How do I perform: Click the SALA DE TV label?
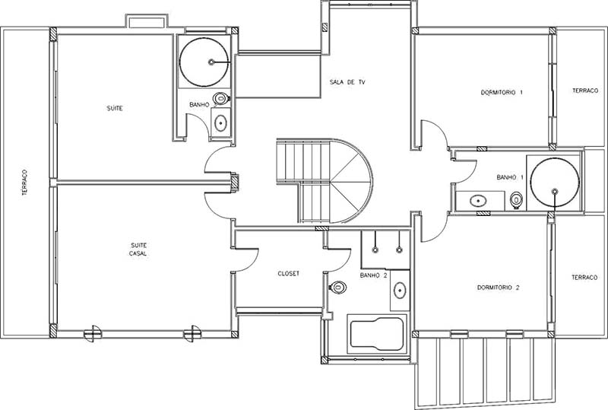click(347, 82)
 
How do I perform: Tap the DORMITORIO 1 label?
click(502, 92)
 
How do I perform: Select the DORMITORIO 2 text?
click(499, 288)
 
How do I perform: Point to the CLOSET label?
click(289, 273)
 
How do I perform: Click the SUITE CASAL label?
click(138, 249)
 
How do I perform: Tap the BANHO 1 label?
click(510, 177)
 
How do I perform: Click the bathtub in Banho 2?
click(377, 334)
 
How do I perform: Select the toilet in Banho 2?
click(337, 288)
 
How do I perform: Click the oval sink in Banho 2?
click(400, 291)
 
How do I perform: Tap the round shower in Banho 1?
click(555, 183)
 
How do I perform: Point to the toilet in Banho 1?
click(516, 200)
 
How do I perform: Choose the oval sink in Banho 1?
click(478, 201)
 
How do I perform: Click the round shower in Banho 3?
click(204, 62)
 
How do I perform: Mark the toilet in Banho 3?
click(221, 98)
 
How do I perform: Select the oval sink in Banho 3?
click(220, 123)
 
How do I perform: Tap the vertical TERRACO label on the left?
click(25, 182)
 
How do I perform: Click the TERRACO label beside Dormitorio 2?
click(584, 278)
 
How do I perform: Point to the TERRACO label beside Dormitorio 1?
click(585, 91)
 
